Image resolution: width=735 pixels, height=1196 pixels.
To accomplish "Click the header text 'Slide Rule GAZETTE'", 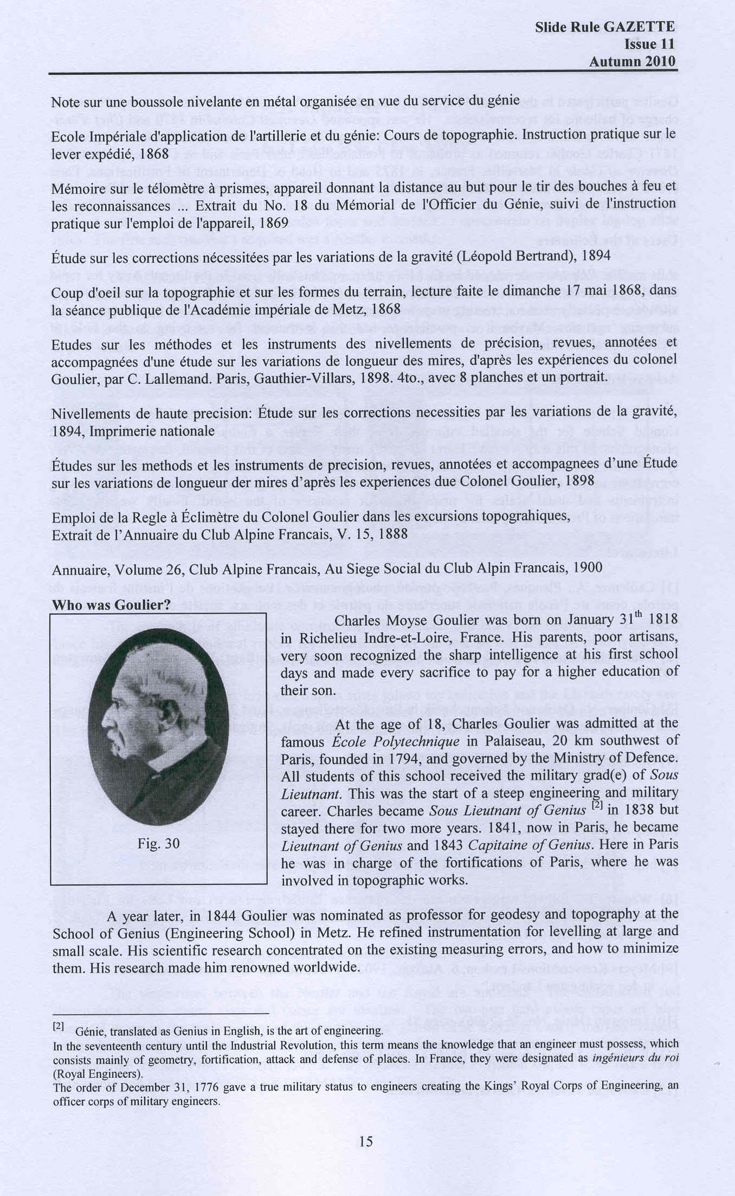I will coord(604,27).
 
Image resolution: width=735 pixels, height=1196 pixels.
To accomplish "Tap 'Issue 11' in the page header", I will coord(649,44).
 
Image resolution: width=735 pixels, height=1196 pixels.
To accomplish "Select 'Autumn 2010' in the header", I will coord(633,61).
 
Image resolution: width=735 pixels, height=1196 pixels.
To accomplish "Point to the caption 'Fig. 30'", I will coord(159,843).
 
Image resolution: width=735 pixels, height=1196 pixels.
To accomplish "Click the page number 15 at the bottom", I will coord(366,1142).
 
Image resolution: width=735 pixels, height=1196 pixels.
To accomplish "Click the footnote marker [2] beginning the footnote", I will coord(59,1026).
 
